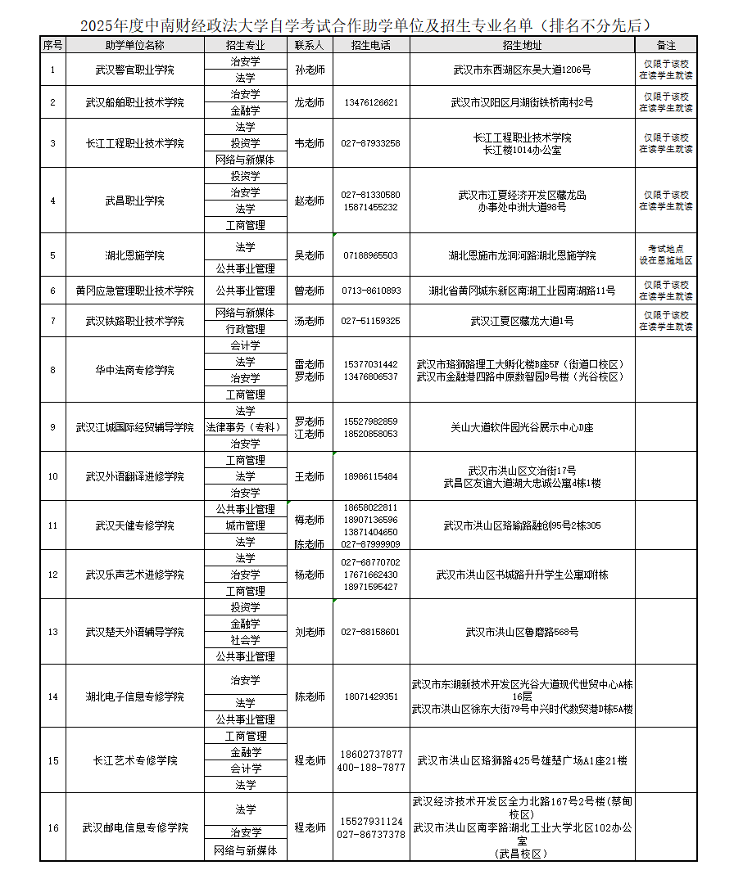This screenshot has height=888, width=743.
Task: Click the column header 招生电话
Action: click(370, 45)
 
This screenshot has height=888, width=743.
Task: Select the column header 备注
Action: click(666, 45)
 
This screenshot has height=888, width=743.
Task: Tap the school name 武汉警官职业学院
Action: click(135, 70)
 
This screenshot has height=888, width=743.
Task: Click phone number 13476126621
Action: click(371, 102)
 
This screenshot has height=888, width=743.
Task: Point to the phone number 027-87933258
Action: click(371, 143)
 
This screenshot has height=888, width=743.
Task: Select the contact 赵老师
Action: click(310, 201)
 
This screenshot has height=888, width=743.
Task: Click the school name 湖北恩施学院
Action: click(135, 255)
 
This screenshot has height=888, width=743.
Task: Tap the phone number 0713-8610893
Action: click(371, 291)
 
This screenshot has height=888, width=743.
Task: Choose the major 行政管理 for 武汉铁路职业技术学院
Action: click(245, 329)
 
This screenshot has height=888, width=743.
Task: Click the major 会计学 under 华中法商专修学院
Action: click(245, 345)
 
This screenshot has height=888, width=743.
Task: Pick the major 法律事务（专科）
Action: click(245, 427)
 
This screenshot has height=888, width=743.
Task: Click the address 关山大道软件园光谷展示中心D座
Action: click(522, 427)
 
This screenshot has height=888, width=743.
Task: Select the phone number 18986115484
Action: click(371, 476)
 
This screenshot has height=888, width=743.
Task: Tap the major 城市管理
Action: click(245, 525)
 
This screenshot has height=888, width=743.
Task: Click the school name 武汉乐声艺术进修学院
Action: click(135, 575)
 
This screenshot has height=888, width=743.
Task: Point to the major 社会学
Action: click(245, 640)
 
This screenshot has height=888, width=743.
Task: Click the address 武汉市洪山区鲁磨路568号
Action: click(522, 632)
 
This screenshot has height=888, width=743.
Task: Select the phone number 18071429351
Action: click(371, 696)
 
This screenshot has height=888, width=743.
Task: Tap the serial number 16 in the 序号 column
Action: click(53, 827)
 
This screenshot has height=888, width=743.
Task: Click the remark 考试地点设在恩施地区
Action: click(666, 255)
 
